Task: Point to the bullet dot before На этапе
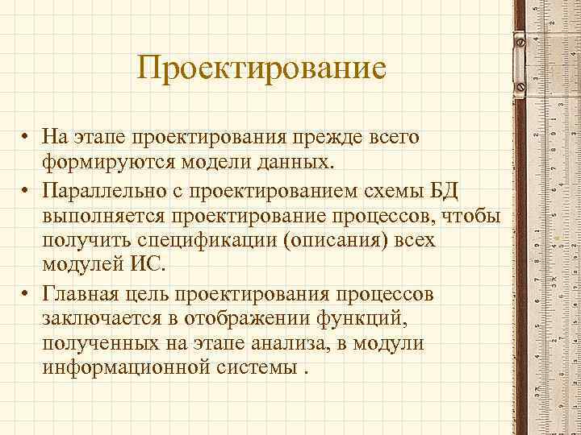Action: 27,139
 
